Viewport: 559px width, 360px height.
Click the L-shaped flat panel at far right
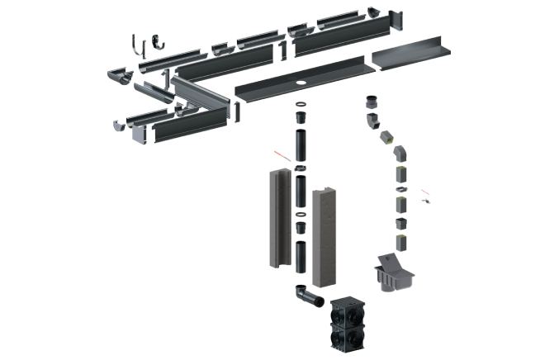(x=411, y=56)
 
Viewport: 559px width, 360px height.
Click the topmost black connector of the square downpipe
(x=372, y=102)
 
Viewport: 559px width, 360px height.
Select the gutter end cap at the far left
(x=119, y=76)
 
